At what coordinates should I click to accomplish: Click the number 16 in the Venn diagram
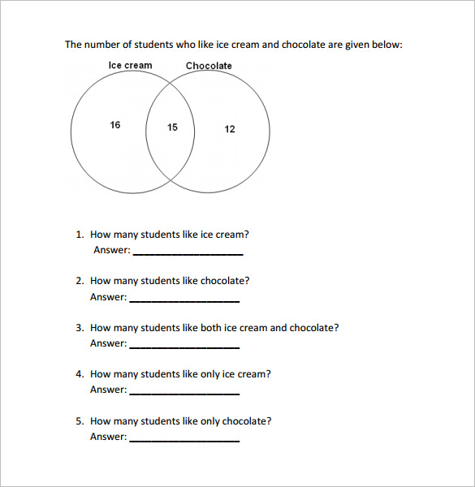[x=115, y=125]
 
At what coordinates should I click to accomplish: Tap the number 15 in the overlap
[x=172, y=127]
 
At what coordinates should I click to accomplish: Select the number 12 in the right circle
[x=230, y=129]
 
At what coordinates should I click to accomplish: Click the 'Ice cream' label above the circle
[x=130, y=65]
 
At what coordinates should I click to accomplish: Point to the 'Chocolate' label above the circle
[x=209, y=66]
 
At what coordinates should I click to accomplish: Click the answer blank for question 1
[x=188, y=252]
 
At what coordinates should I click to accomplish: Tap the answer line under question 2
[x=184, y=300]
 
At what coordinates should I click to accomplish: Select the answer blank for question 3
[x=184, y=346]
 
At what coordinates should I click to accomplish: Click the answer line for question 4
[x=184, y=392]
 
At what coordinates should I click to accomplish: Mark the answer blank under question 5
[x=184, y=439]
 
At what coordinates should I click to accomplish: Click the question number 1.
[x=79, y=235]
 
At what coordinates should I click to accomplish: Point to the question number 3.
[x=79, y=328]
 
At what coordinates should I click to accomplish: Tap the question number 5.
[x=79, y=421]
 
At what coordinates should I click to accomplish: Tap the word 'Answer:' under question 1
[x=111, y=250]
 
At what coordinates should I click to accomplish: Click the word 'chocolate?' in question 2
[x=225, y=281]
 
